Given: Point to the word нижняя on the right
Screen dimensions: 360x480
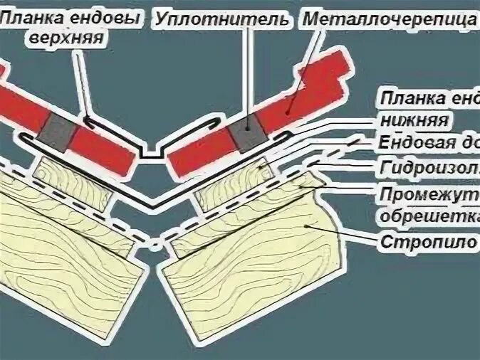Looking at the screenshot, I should click(x=412, y=119).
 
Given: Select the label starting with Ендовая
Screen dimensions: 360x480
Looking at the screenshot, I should click(x=427, y=144).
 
